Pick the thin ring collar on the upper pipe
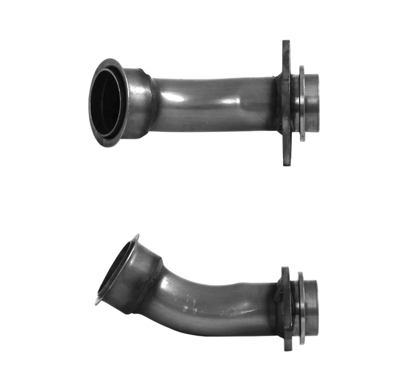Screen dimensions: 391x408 (x=302, y=103)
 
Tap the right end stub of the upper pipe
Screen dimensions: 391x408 (x=313, y=103)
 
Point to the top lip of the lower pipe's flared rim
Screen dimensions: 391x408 (x=137, y=235)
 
